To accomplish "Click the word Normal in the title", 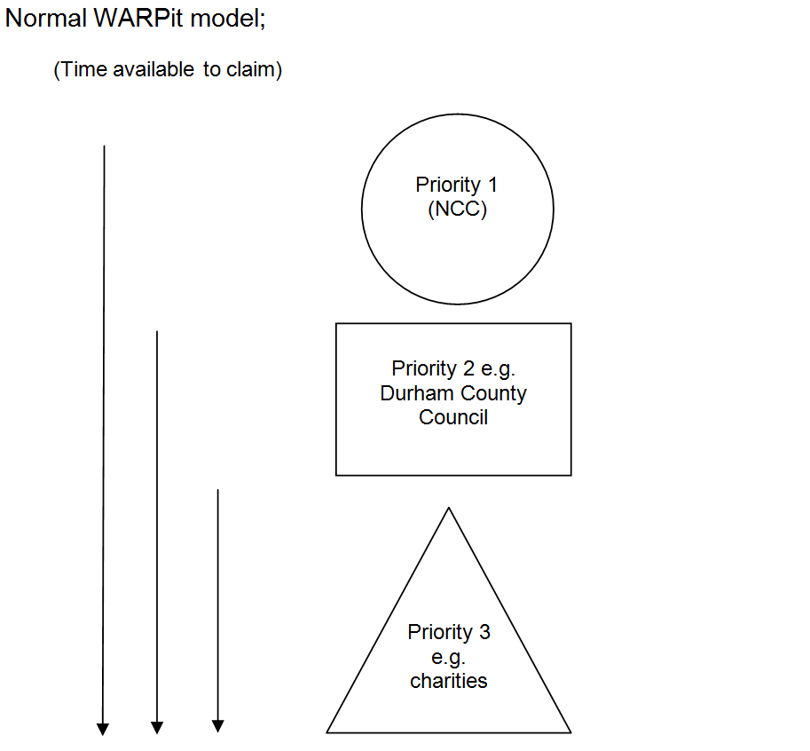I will (44, 20).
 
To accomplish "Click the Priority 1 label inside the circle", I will (457, 185).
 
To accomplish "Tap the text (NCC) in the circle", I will (457, 209).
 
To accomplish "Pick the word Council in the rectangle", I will (453, 416).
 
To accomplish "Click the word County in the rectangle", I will (493, 392).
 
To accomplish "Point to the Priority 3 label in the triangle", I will (448, 632).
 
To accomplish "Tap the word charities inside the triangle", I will (448, 681).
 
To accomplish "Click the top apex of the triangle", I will (449, 508).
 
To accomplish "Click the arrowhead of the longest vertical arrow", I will (103, 729).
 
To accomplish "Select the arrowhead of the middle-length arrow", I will (157, 728).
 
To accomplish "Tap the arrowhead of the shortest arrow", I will (217, 726).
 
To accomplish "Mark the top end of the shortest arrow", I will (217, 490).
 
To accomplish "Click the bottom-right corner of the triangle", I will (570, 732).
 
